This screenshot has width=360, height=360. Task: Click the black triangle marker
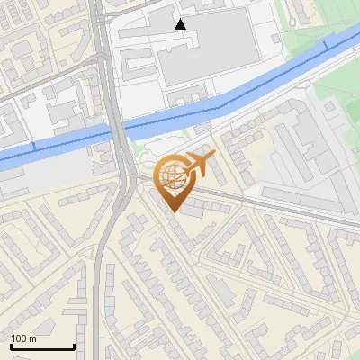[181, 24]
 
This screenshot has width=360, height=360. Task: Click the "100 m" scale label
[23, 338]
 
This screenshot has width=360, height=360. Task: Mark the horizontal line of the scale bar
[42, 346]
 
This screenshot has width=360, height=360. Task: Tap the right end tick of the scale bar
[74, 345]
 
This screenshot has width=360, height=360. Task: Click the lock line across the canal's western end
[34, 147]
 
